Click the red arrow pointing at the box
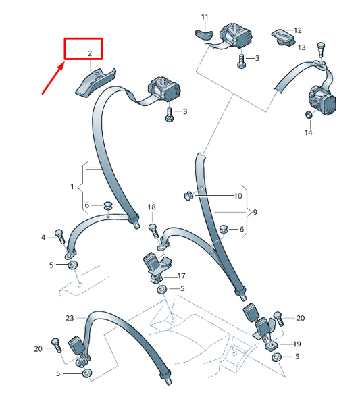tap(53, 78)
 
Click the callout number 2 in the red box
tap(90, 53)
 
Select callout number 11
tap(205, 17)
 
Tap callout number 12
tap(298, 30)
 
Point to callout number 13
tap(302, 47)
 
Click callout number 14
tap(308, 132)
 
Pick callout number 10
tap(238, 196)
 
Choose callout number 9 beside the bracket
tap(255, 212)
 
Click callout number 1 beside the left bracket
tap(72, 186)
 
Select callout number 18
tap(151, 207)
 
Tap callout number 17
tap(181, 276)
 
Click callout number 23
tap(70, 318)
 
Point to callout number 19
tap(297, 344)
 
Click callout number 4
tap(43, 238)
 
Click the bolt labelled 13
tap(321, 49)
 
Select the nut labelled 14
tap(308, 114)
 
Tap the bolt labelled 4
tap(60, 236)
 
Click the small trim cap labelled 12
tap(283, 37)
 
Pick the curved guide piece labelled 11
tap(203, 34)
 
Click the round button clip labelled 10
tap(189, 196)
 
